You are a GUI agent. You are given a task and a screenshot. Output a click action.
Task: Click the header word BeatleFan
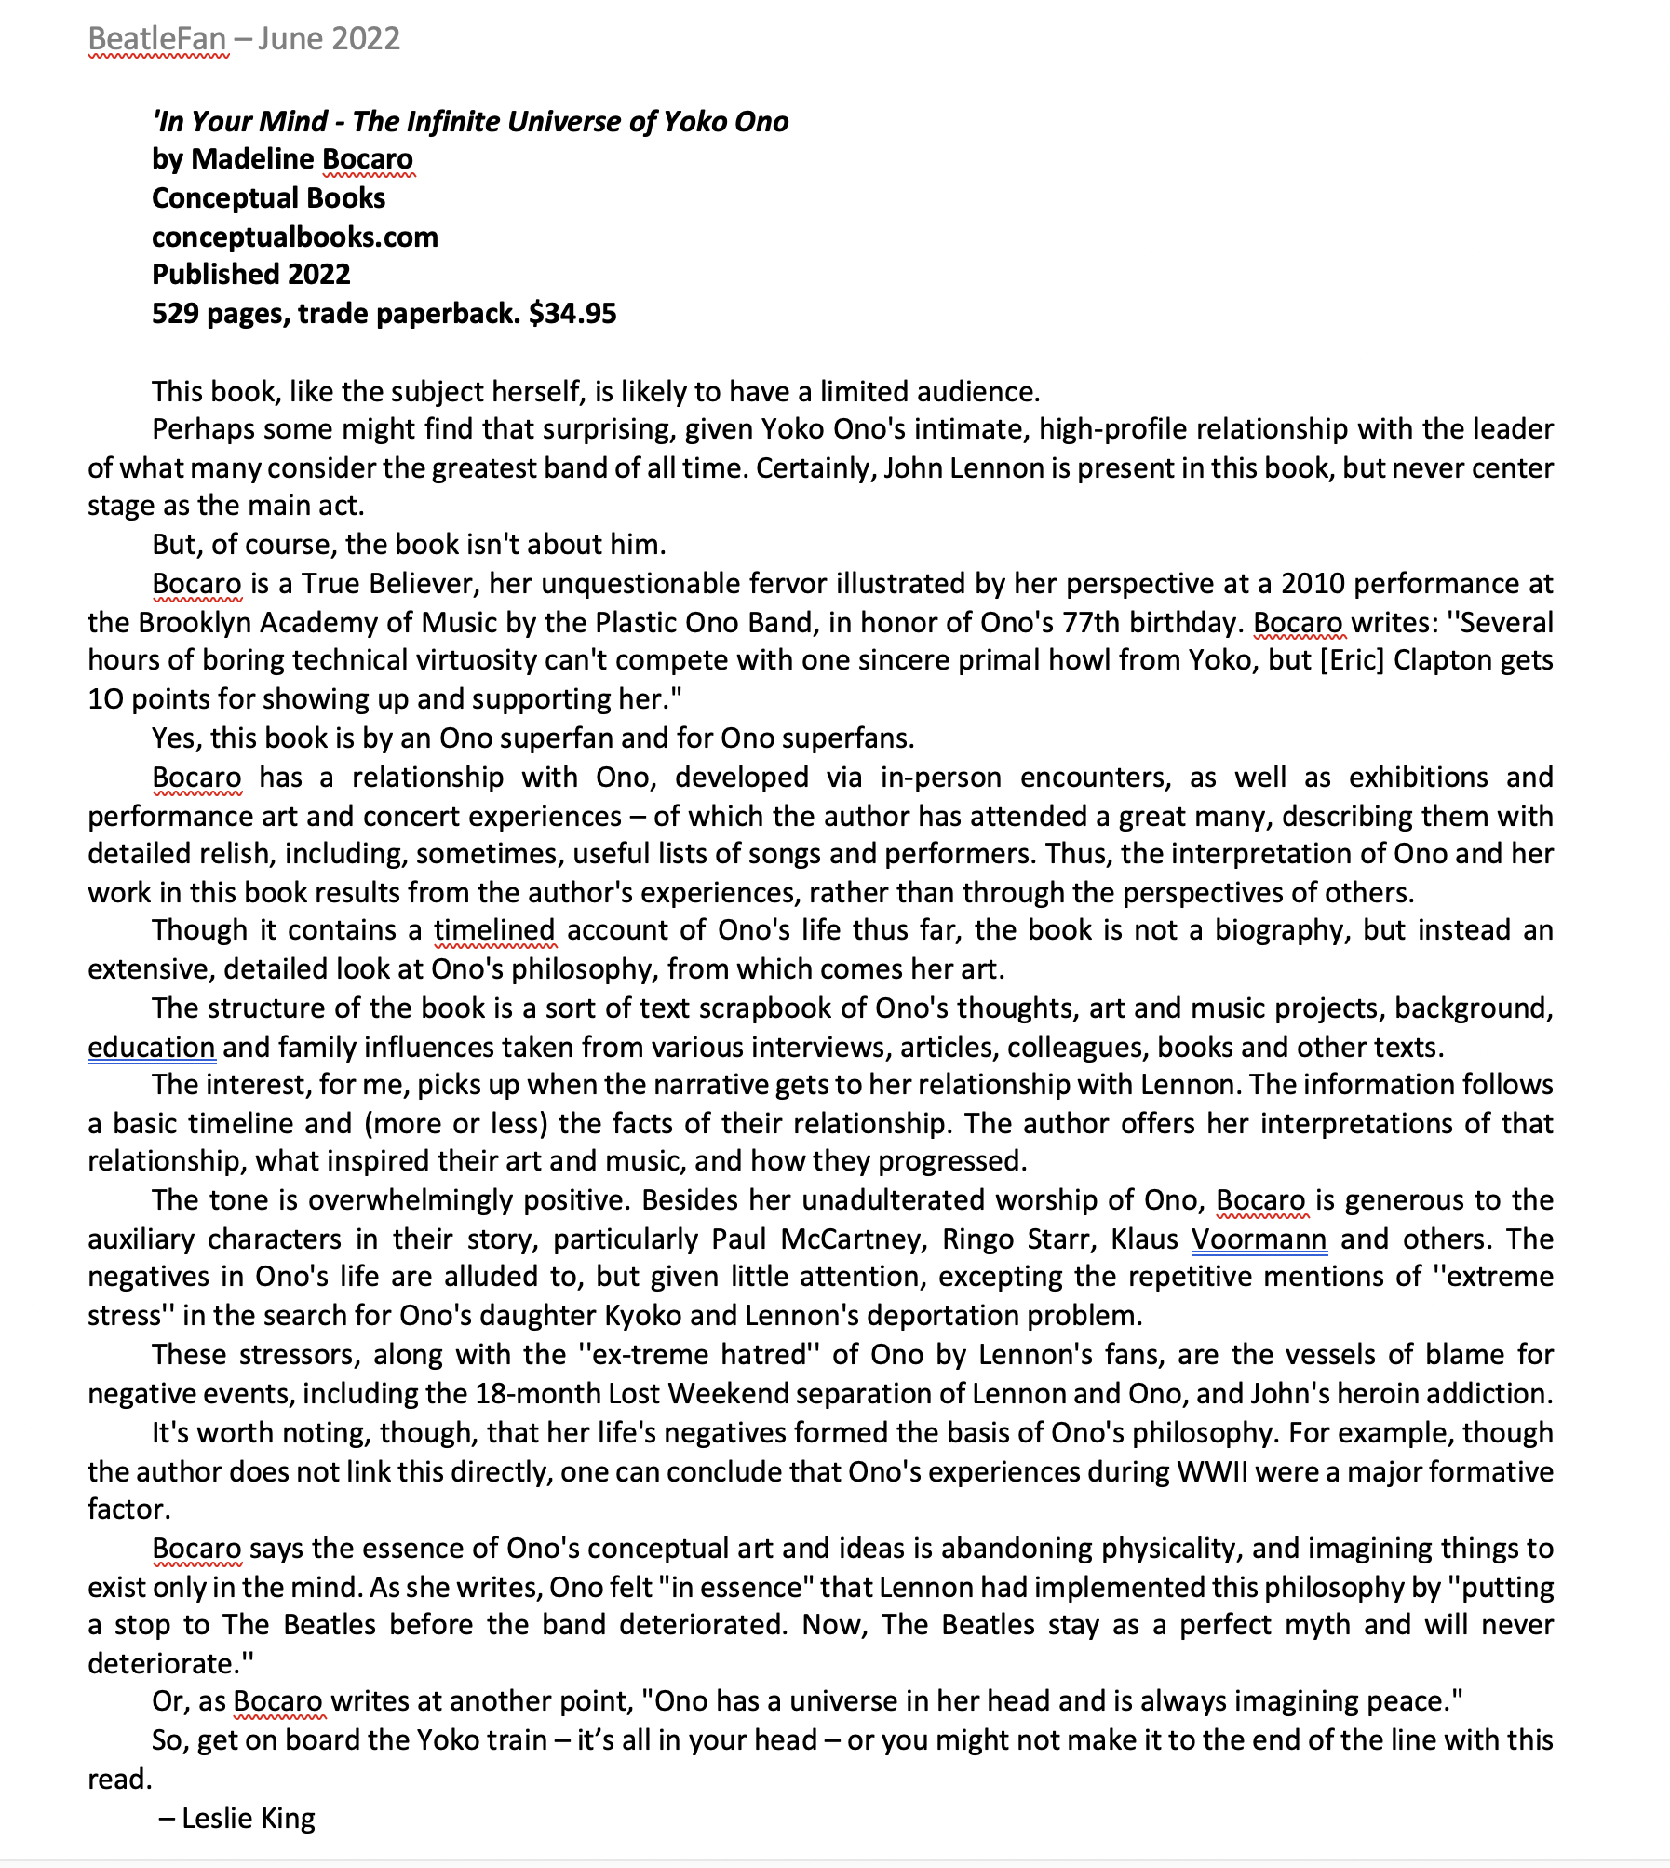(x=157, y=39)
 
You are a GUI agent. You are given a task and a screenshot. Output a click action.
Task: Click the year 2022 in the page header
(x=365, y=39)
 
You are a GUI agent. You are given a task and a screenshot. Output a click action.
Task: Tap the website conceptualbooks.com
(x=294, y=237)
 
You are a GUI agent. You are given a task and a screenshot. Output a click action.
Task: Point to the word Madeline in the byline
(x=254, y=159)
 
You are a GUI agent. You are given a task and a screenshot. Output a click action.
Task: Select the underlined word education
(x=152, y=1048)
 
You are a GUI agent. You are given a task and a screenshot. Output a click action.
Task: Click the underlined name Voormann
(x=1259, y=1239)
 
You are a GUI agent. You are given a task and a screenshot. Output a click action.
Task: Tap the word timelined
(x=494, y=930)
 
